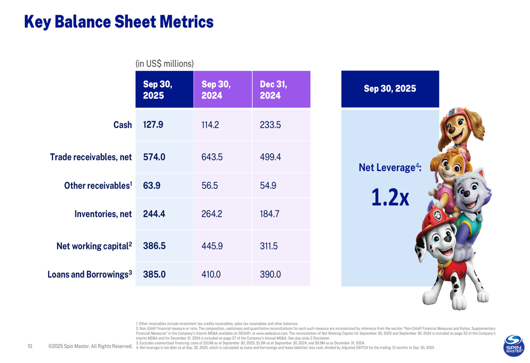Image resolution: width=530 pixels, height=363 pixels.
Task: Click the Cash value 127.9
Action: [153, 125]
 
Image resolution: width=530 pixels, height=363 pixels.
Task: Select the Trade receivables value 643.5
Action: [211, 157]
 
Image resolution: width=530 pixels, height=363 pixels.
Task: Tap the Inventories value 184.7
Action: [269, 215]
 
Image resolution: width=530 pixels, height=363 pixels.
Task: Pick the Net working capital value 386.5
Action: [154, 246]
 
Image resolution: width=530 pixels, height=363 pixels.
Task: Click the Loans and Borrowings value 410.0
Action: [211, 275]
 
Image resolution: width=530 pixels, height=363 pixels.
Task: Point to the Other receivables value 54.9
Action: [268, 186]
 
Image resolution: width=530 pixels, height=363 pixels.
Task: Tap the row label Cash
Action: [122, 125]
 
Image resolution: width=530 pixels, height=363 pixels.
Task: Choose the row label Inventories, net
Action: [103, 215]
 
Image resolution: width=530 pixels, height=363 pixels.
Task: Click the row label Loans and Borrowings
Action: [90, 275]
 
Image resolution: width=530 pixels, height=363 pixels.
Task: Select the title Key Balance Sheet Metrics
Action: [119, 22]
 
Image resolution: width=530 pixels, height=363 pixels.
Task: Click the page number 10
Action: [30, 347]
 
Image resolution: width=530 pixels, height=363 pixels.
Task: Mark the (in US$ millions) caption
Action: [164, 64]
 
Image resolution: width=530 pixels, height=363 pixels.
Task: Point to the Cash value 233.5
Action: [270, 125]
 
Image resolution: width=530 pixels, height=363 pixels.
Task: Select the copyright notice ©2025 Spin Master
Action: [90, 347]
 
